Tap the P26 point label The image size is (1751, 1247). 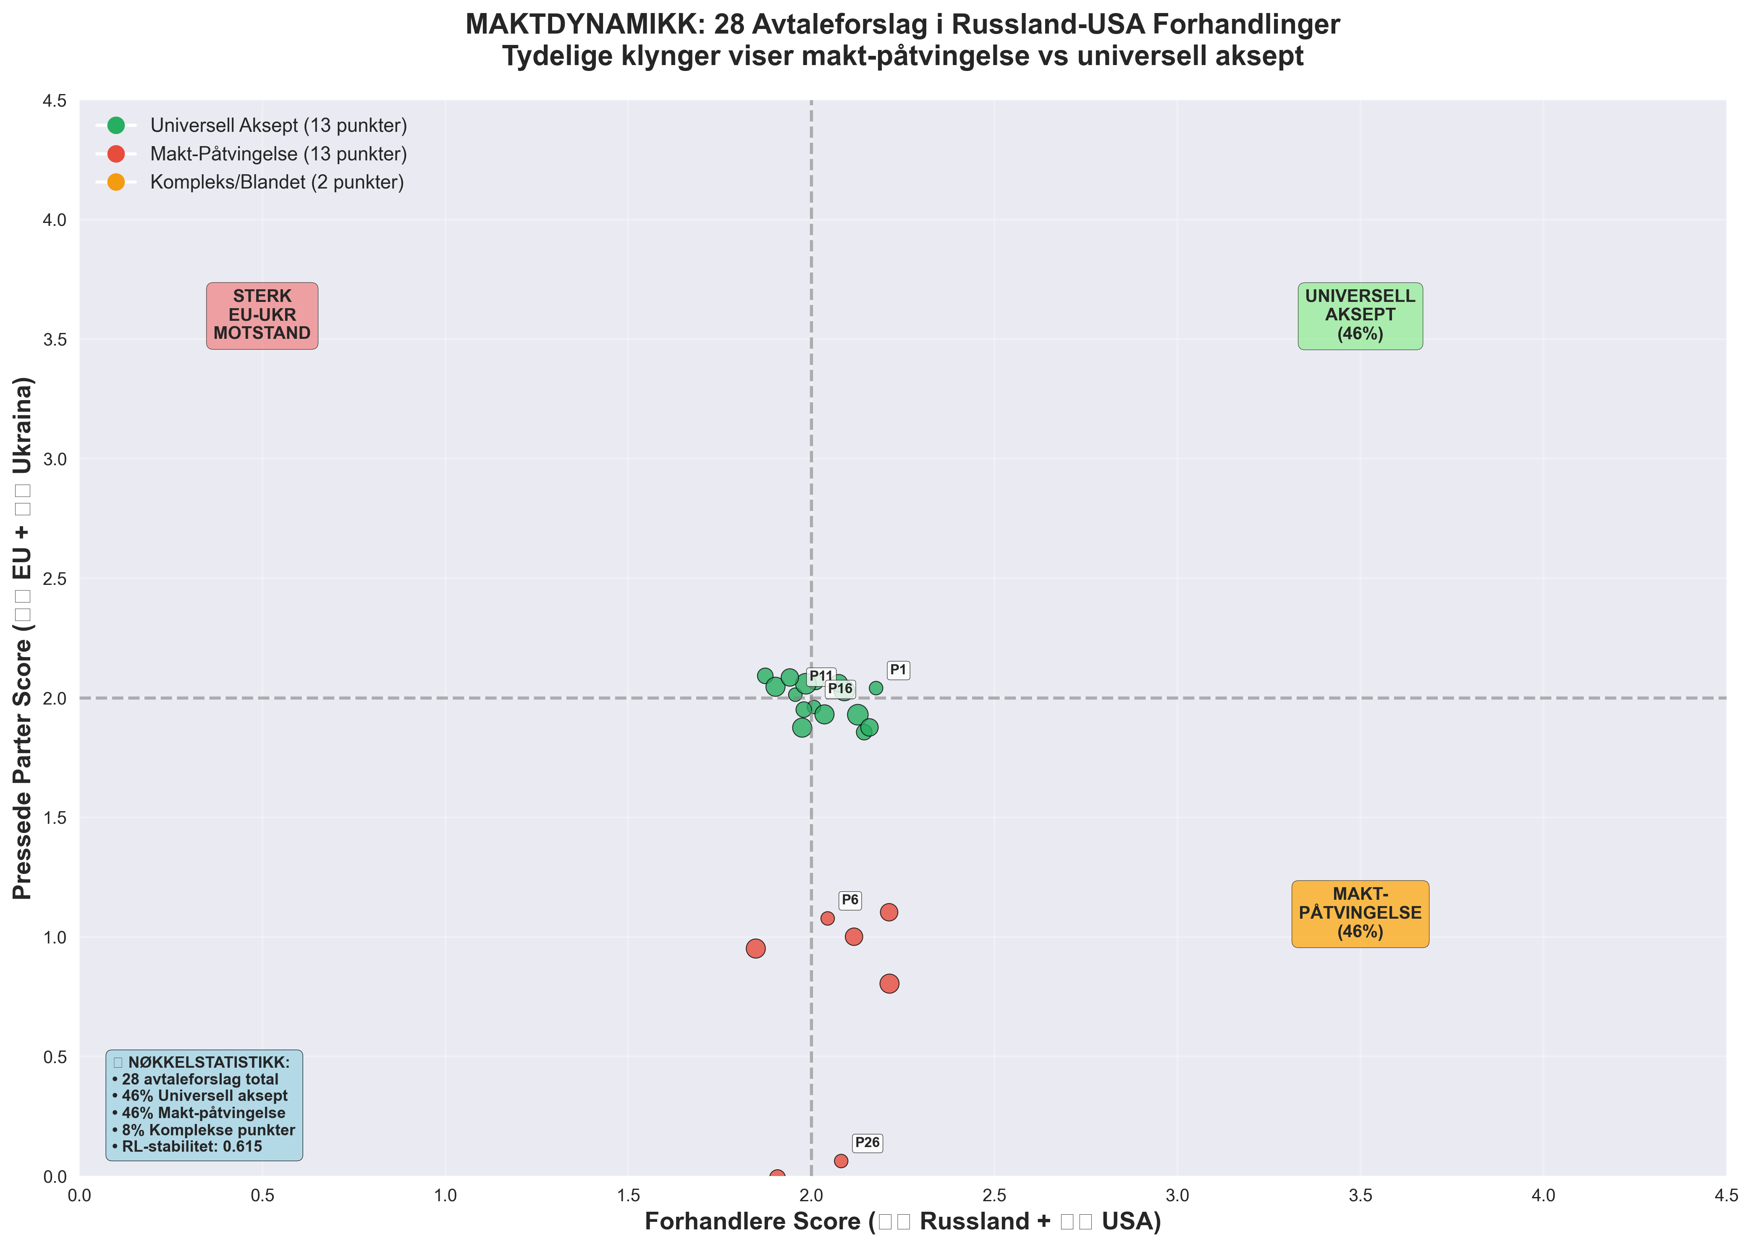pos(867,1142)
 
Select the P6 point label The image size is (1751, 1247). pos(849,900)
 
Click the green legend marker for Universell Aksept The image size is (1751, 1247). pos(116,125)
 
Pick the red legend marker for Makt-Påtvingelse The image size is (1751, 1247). pos(116,154)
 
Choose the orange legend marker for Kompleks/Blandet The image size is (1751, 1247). pos(116,182)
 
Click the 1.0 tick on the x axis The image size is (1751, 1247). pos(446,1195)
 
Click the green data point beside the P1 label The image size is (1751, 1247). pos(875,688)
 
